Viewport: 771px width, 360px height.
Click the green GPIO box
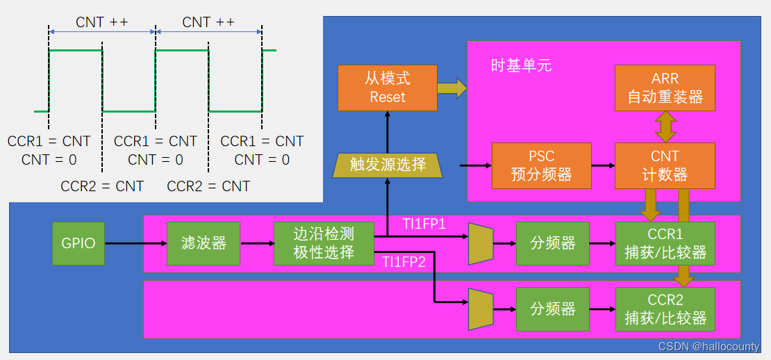point(78,243)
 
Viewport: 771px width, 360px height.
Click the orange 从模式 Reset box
point(388,88)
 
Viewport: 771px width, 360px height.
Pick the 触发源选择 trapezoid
point(388,165)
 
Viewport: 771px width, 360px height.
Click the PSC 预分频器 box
point(541,165)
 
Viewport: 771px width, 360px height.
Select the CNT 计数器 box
point(665,165)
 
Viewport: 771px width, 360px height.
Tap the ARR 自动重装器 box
point(665,88)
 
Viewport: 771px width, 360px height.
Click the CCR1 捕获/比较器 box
point(665,243)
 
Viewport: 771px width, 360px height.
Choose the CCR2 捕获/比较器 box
point(665,309)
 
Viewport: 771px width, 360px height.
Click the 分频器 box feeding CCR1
point(553,243)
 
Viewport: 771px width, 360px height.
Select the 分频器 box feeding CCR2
point(553,309)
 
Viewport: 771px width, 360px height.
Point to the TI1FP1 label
point(424,224)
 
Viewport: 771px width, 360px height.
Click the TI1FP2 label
point(404,262)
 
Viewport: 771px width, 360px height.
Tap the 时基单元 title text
point(521,65)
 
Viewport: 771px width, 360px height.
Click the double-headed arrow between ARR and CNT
point(665,126)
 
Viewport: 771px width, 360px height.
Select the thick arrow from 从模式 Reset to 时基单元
point(452,88)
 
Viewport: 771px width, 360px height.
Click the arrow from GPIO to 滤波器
point(135,243)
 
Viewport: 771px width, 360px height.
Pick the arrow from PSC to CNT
point(603,165)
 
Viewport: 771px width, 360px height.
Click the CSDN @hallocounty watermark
point(708,345)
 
